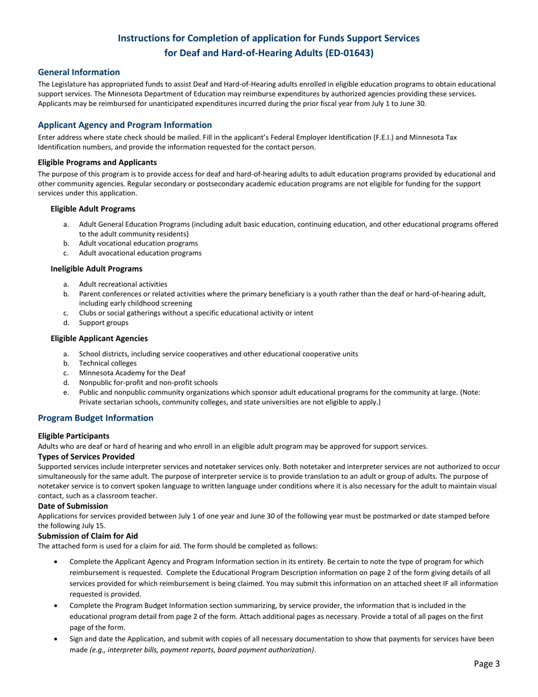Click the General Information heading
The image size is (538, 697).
pyautogui.click(x=79, y=72)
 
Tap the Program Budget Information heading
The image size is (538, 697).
pyautogui.click(x=95, y=418)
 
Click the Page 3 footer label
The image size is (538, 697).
pyautogui.click(x=486, y=664)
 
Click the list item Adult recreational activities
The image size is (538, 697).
pyautogui.click(x=123, y=284)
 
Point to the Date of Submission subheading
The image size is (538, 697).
pyautogui.click(x=73, y=505)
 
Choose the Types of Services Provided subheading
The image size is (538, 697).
pyautogui.click(x=86, y=456)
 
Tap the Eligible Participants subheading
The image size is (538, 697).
pyautogui.click(x=74, y=436)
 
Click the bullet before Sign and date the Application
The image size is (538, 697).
pyautogui.click(x=54, y=639)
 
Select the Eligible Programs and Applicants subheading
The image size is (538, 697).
pyautogui.click(x=89, y=161)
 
